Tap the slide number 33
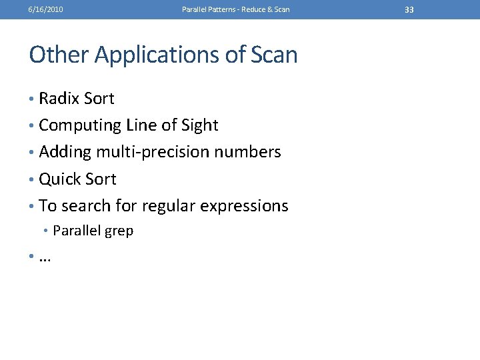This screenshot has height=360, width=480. click(x=409, y=9)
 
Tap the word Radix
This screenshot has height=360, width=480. click(x=58, y=99)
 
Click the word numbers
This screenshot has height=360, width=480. click(x=247, y=153)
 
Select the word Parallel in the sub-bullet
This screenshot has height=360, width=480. click(x=75, y=231)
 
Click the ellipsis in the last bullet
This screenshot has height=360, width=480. click(x=45, y=259)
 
